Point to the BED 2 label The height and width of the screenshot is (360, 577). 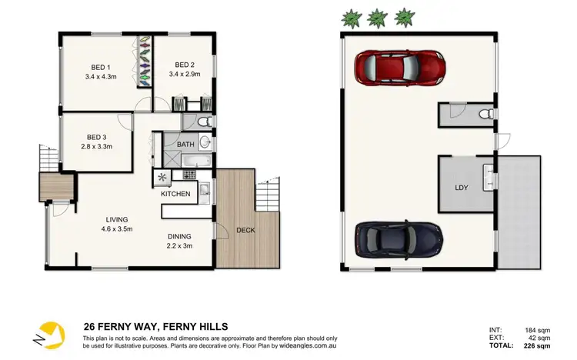point(184,65)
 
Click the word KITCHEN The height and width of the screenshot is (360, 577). point(175,194)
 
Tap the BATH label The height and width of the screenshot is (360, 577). point(185,145)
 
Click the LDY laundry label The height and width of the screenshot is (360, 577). point(462,187)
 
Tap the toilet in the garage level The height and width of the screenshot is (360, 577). point(485,115)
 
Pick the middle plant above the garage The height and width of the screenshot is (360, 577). point(377,17)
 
